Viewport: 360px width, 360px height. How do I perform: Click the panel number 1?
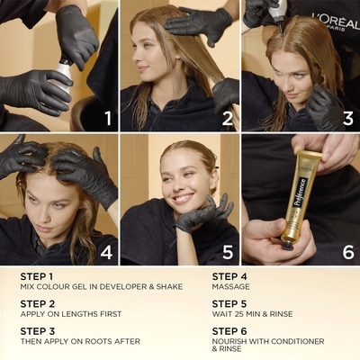pyautogui.click(x=108, y=118)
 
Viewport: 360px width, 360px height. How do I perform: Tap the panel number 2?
pyautogui.click(x=228, y=118)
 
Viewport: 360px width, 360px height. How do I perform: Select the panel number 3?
pyautogui.click(x=348, y=118)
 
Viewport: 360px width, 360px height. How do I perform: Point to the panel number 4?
pyautogui.click(x=106, y=252)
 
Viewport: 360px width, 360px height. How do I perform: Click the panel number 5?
pyautogui.click(x=228, y=252)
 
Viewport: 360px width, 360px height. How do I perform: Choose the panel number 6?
pyautogui.click(x=348, y=252)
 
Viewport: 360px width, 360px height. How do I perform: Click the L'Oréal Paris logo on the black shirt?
pyautogui.click(x=335, y=21)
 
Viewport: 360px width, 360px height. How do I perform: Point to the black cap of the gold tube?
pyautogui.click(x=288, y=245)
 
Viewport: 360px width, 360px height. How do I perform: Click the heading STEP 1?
pyautogui.click(x=37, y=276)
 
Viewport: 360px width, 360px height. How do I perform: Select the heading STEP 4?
pyautogui.click(x=229, y=276)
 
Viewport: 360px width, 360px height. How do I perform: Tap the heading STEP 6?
pyautogui.click(x=229, y=331)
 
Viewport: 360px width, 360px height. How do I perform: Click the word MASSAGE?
pyautogui.click(x=230, y=287)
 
